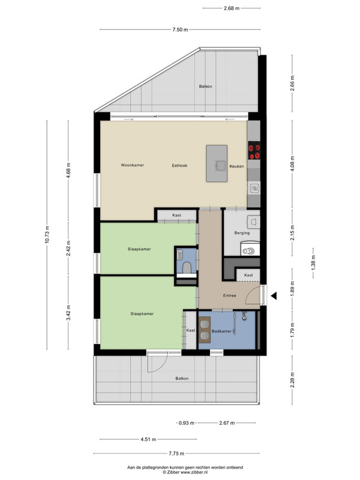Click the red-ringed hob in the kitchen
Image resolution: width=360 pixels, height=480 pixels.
pos(254,151)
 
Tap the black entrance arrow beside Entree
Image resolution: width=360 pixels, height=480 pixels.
pos(274,296)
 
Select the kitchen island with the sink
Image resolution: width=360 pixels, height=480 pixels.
pos(217,163)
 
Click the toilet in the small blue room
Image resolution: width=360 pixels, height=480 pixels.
pos(187,268)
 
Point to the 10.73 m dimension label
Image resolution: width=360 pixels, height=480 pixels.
pos(47,235)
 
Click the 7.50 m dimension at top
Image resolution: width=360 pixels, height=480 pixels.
pos(181,29)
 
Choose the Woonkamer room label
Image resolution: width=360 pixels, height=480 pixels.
pos(132,165)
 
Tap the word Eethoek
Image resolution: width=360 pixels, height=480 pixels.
pos(179,166)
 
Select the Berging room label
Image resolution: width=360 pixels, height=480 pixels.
pos(242,233)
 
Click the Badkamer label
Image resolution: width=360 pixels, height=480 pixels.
pos(221,331)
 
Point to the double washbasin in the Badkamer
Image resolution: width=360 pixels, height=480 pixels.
pos(205,329)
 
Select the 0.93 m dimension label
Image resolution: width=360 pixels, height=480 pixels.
pos(187,423)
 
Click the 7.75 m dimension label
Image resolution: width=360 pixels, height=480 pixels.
pos(176,454)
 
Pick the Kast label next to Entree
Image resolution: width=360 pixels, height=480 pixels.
pos(248,275)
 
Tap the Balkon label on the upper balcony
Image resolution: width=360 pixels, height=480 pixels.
pos(205,86)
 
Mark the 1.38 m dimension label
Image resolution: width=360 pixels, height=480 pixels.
pos(313,262)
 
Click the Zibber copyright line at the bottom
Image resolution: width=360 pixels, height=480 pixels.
pos(185,472)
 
